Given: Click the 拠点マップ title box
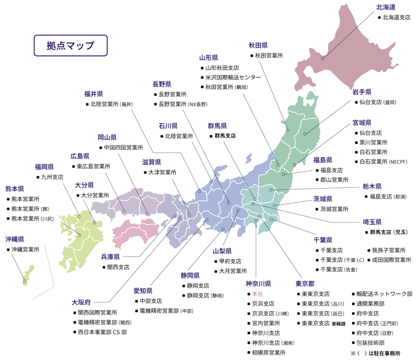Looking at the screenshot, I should point(71,45).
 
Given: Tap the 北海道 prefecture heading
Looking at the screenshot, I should point(385,7).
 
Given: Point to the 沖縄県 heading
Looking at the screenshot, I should point(15,239).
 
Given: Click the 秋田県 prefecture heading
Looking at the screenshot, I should point(258,45).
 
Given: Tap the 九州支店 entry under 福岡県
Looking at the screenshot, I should point(52,177).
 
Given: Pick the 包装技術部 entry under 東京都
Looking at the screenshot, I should point(370,342).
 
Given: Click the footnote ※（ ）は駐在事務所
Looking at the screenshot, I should point(375,353).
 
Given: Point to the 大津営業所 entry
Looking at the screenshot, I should point(162,173).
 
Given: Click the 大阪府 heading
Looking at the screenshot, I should point(82,302).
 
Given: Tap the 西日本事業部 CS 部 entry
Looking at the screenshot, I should point(102,332).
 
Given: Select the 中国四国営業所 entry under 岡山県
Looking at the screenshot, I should point(123,147).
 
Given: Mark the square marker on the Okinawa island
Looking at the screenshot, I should point(25,281).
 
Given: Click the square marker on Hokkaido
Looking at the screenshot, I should point(323,58).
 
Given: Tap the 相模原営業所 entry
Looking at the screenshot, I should point(268,352).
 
